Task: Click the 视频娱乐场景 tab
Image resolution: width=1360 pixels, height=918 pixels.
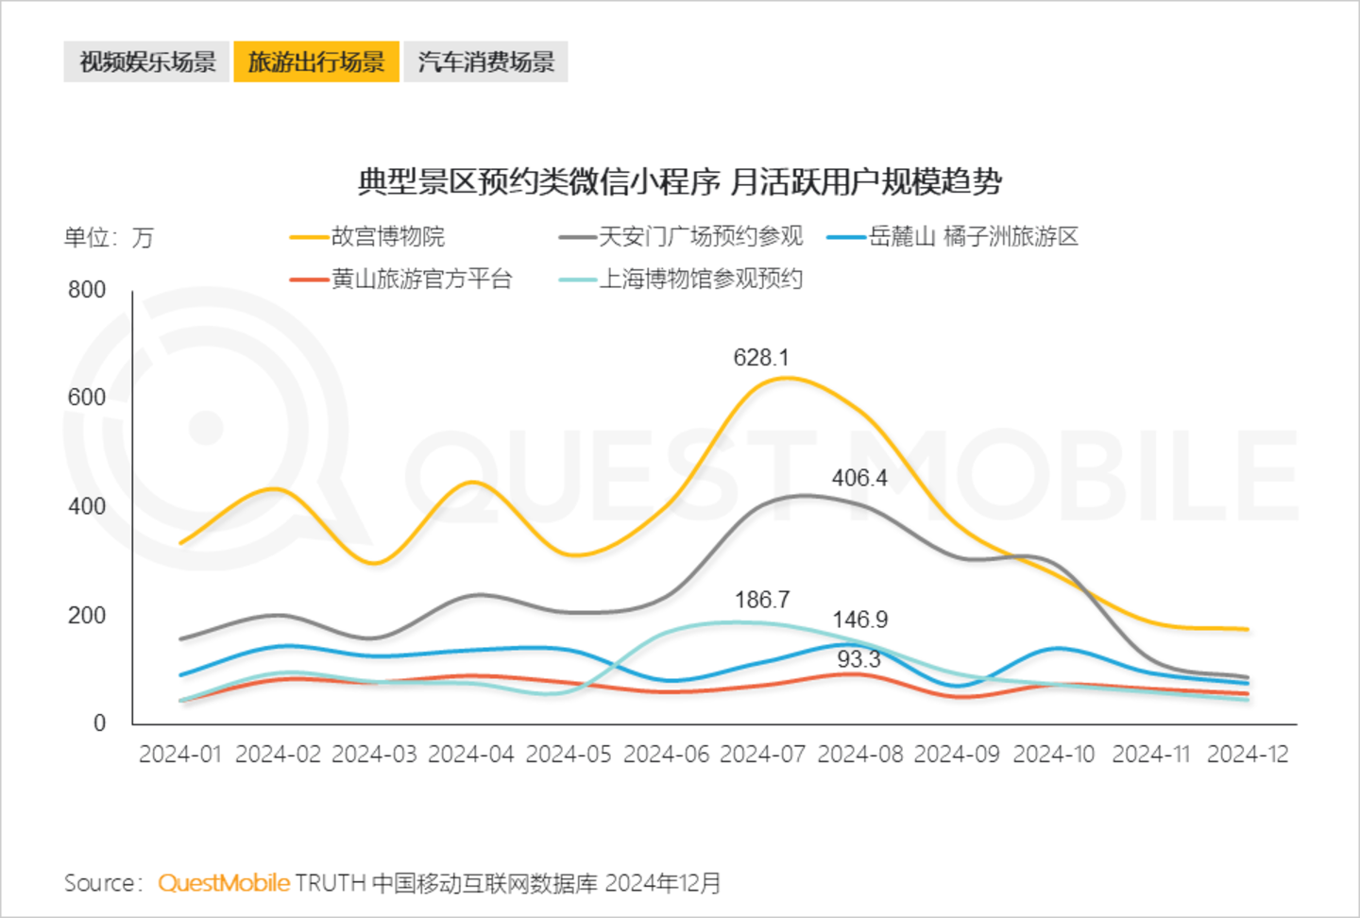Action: [146, 62]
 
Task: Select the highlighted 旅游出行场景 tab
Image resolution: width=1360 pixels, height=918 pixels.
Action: [316, 62]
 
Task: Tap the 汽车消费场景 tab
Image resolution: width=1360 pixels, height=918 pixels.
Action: [485, 62]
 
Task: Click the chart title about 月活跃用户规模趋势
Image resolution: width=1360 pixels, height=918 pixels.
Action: [679, 181]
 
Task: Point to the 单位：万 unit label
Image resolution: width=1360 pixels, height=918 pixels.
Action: [109, 237]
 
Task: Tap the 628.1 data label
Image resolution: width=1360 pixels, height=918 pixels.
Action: [760, 358]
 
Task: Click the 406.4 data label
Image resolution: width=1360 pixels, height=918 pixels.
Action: [859, 478]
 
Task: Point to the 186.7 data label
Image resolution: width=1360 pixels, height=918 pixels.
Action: [762, 600]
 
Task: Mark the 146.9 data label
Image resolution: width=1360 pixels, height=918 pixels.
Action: [859, 620]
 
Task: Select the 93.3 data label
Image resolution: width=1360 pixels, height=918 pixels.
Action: [858, 659]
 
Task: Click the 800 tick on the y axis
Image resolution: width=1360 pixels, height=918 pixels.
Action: [87, 290]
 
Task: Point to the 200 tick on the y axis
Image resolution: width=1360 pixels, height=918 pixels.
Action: [87, 616]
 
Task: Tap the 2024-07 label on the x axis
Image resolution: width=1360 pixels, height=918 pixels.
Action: [763, 755]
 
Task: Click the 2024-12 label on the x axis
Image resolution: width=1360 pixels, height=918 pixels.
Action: [1248, 755]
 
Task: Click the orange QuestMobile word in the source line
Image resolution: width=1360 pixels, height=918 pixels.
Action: [224, 883]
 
